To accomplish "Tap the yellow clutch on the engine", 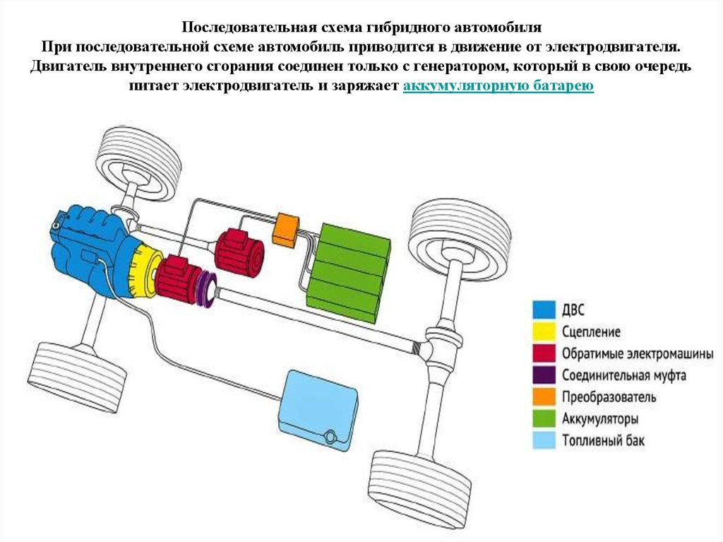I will (145, 273).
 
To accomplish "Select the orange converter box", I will (286, 229).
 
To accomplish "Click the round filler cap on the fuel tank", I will (329, 437).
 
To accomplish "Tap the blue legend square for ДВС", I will (543, 309).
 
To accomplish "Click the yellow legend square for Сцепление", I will (543, 331).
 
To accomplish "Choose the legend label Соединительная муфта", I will (623, 375).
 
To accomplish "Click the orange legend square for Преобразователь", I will (543, 396).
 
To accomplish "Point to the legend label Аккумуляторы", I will (601, 418).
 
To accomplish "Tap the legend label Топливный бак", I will (604, 441).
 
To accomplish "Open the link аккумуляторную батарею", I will (498, 86).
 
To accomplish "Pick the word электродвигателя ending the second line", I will (614, 47).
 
